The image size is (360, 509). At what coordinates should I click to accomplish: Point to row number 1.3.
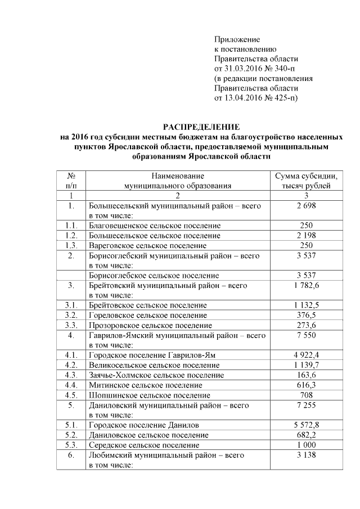(x=71, y=246)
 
